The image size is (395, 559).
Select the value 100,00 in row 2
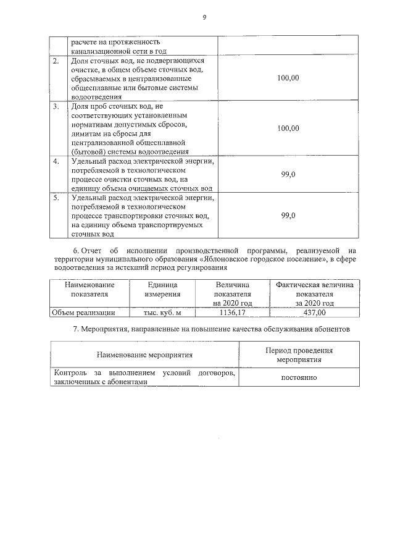point(288,78)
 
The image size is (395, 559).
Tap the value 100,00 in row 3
point(288,128)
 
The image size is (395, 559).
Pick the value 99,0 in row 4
point(288,175)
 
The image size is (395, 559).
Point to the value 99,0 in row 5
point(288,216)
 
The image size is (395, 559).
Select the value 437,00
point(314,313)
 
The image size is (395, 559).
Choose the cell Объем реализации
point(84,313)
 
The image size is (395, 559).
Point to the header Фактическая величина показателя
point(314,289)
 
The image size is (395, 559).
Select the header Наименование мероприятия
point(144,355)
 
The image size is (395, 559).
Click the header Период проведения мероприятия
point(299,354)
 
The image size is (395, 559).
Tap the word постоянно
point(299,377)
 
